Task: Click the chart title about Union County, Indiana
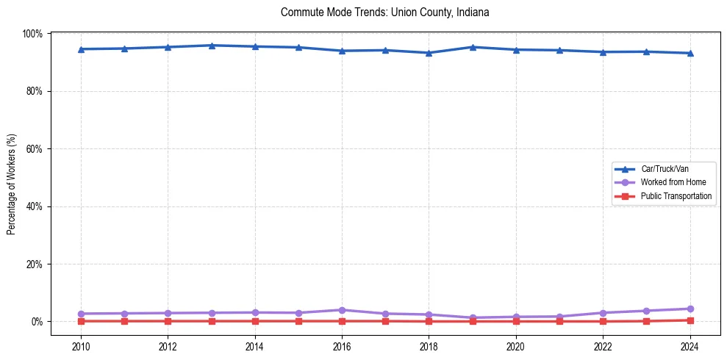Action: point(384,12)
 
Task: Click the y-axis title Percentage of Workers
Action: point(12,184)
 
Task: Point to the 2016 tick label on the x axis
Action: point(342,346)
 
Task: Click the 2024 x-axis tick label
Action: point(690,346)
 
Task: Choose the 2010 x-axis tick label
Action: point(81,346)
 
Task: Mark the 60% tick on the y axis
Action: point(34,149)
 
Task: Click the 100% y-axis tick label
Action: point(32,34)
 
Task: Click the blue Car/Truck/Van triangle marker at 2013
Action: point(212,46)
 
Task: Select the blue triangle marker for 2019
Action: point(473,47)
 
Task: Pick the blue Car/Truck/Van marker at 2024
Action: point(690,53)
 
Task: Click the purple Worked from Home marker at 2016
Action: point(342,310)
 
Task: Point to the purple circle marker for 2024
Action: point(690,309)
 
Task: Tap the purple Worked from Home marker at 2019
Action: point(473,318)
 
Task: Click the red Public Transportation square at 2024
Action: point(690,320)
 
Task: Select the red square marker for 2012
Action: point(168,321)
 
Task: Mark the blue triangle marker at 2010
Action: point(81,49)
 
